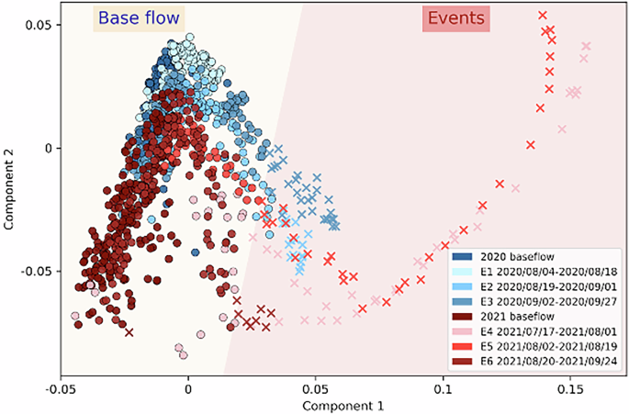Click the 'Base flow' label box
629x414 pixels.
[x=139, y=18]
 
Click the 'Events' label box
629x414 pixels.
[x=455, y=18]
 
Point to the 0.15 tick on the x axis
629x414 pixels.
[x=571, y=387]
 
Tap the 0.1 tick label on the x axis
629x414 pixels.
[x=444, y=387]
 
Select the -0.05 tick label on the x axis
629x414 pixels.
[x=61, y=387]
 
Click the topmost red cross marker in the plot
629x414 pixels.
[x=543, y=15]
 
